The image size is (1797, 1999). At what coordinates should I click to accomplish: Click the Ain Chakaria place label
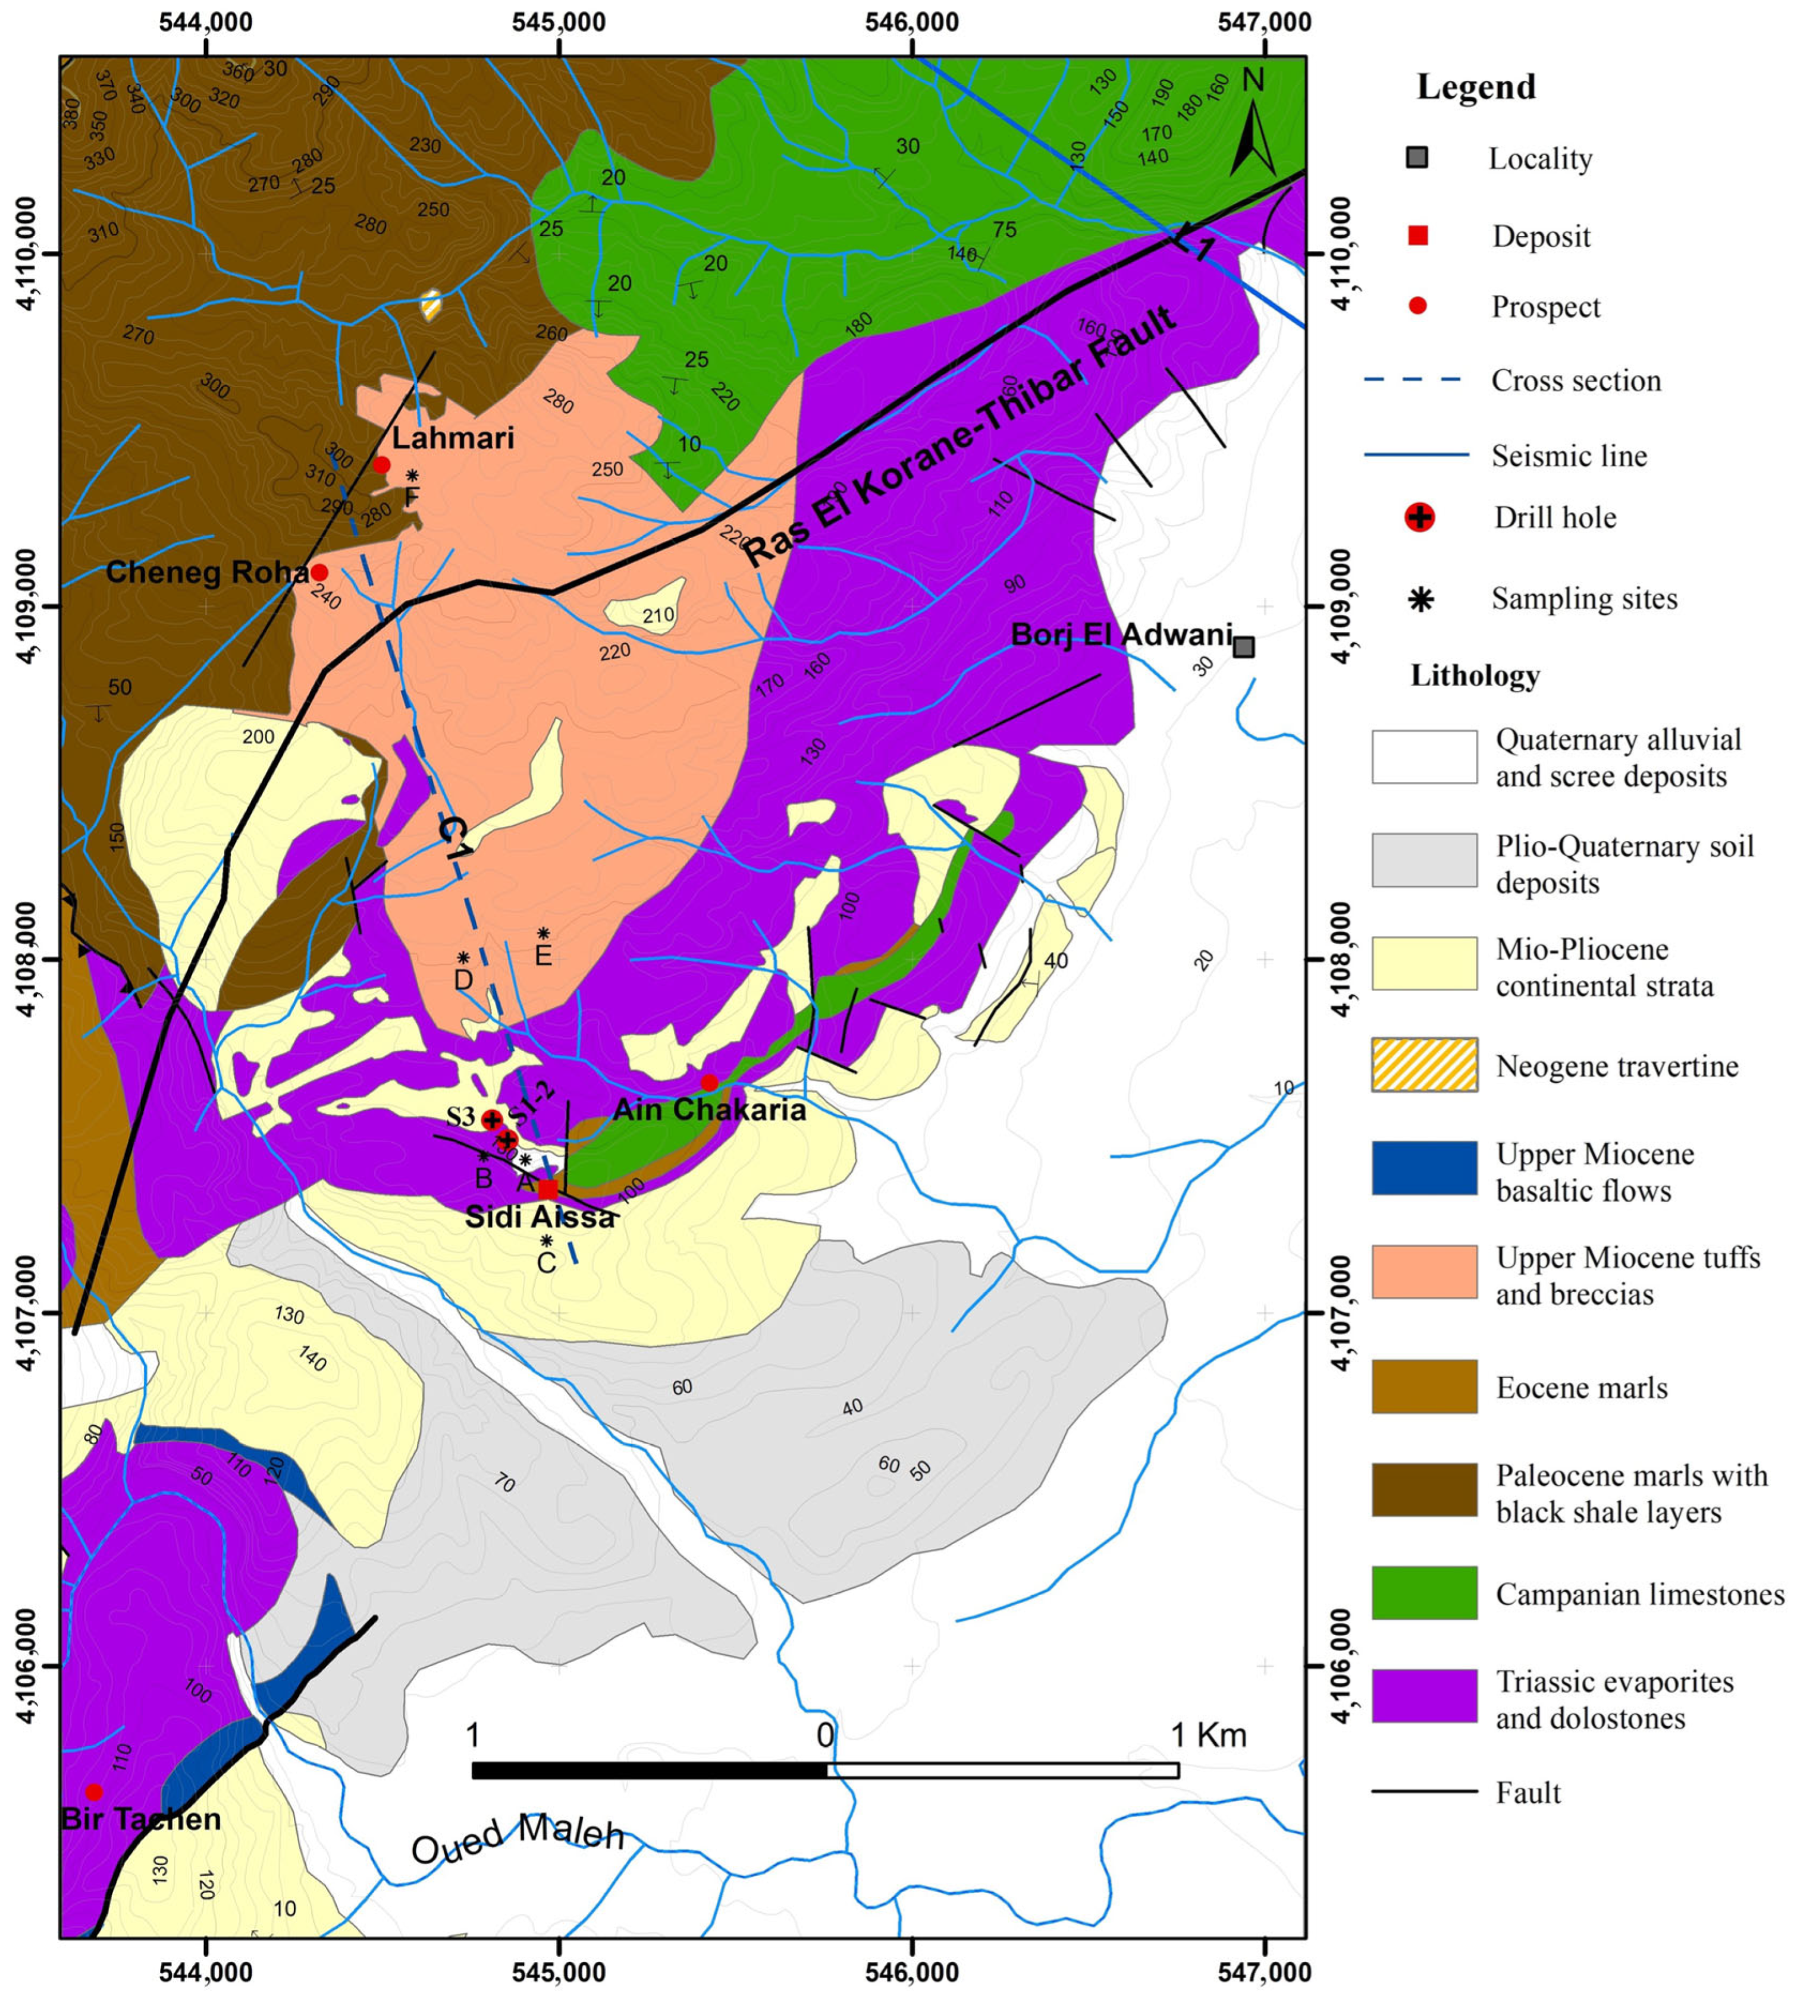click(x=709, y=1109)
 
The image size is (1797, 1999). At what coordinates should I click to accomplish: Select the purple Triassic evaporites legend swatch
click(x=1424, y=1696)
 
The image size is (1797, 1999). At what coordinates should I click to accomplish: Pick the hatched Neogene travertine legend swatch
click(x=1424, y=1065)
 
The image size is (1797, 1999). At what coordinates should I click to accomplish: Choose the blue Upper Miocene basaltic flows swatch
click(x=1424, y=1168)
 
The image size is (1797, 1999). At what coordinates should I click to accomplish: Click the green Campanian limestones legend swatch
click(x=1424, y=1592)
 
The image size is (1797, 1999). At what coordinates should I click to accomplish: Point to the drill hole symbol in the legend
click(x=1419, y=517)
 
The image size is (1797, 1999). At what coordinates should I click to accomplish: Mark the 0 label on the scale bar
click(x=824, y=1734)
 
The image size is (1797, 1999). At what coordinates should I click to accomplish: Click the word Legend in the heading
click(x=1476, y=87)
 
